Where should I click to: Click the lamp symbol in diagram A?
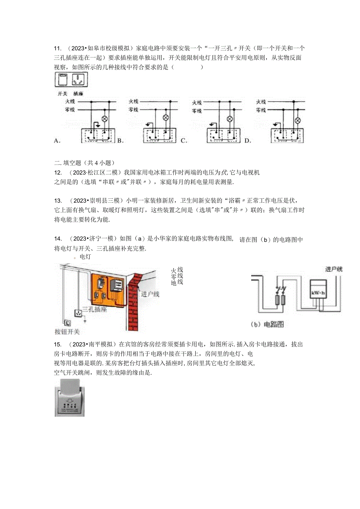pos(104,117)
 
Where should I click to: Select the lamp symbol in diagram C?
pos(230,119)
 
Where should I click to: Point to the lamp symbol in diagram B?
pos(165,117)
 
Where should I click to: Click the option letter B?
pos(120,140)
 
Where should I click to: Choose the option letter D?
pos(247,140)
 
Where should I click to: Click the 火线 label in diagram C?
pos(196,103)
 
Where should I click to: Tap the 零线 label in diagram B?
pos(134,110)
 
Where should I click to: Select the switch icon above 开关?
pos(63,80)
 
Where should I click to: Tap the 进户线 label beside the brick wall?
pos(150,294)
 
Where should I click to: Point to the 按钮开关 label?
pos(67,332)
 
